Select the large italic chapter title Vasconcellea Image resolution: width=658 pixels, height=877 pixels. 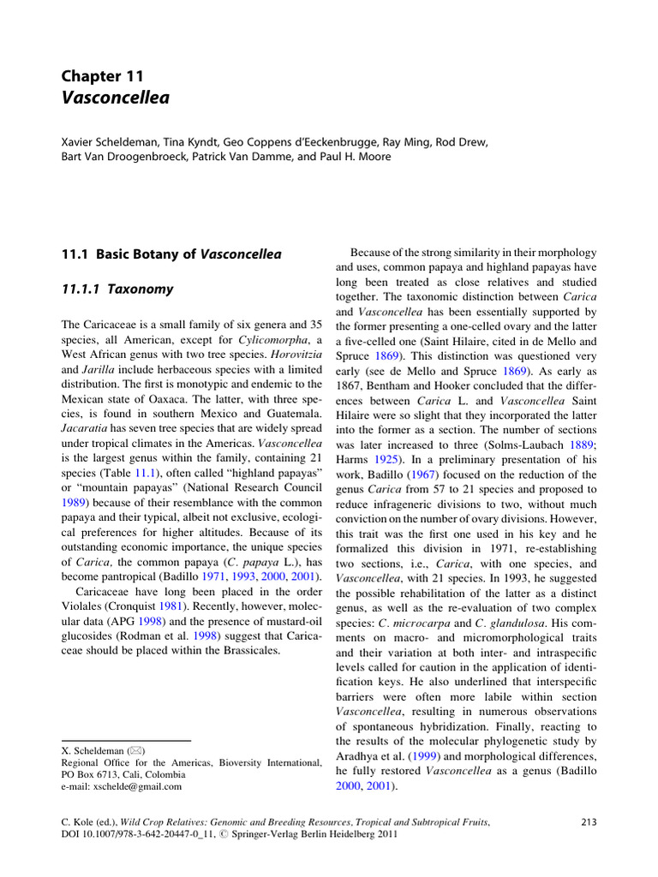116,98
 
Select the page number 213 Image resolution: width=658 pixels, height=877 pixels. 588,822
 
